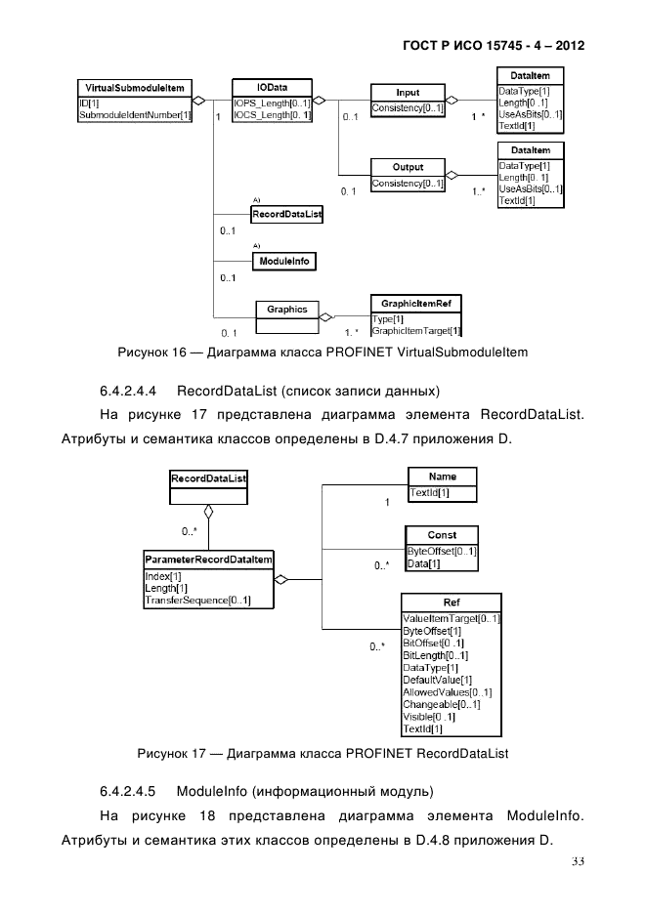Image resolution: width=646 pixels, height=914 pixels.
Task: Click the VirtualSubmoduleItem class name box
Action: coord(131,88)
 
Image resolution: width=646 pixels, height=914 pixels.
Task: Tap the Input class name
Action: coord(408,93)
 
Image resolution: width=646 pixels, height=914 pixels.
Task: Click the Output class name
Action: coord(408,168)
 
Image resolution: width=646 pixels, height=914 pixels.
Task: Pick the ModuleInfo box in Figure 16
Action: coord(283,262)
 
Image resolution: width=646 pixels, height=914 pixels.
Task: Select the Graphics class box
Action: coord(287,310)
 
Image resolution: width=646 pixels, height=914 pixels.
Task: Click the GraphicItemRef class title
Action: coord(415,305)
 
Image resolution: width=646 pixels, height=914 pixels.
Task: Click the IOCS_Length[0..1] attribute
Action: coord(272,115)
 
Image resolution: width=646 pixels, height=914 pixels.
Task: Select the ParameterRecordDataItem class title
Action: coord(208,560)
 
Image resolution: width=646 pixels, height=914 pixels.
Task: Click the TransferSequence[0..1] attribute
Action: coord(196,601)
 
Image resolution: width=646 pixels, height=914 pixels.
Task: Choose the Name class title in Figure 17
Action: coord(442,476)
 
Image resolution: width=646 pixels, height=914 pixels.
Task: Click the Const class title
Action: coord(442,535)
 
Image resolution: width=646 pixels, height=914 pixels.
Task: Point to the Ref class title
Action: coord(452,602)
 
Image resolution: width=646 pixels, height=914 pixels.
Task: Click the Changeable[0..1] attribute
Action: coord(442,704)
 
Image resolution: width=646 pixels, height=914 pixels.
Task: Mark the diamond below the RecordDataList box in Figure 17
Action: coord(207,512)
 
